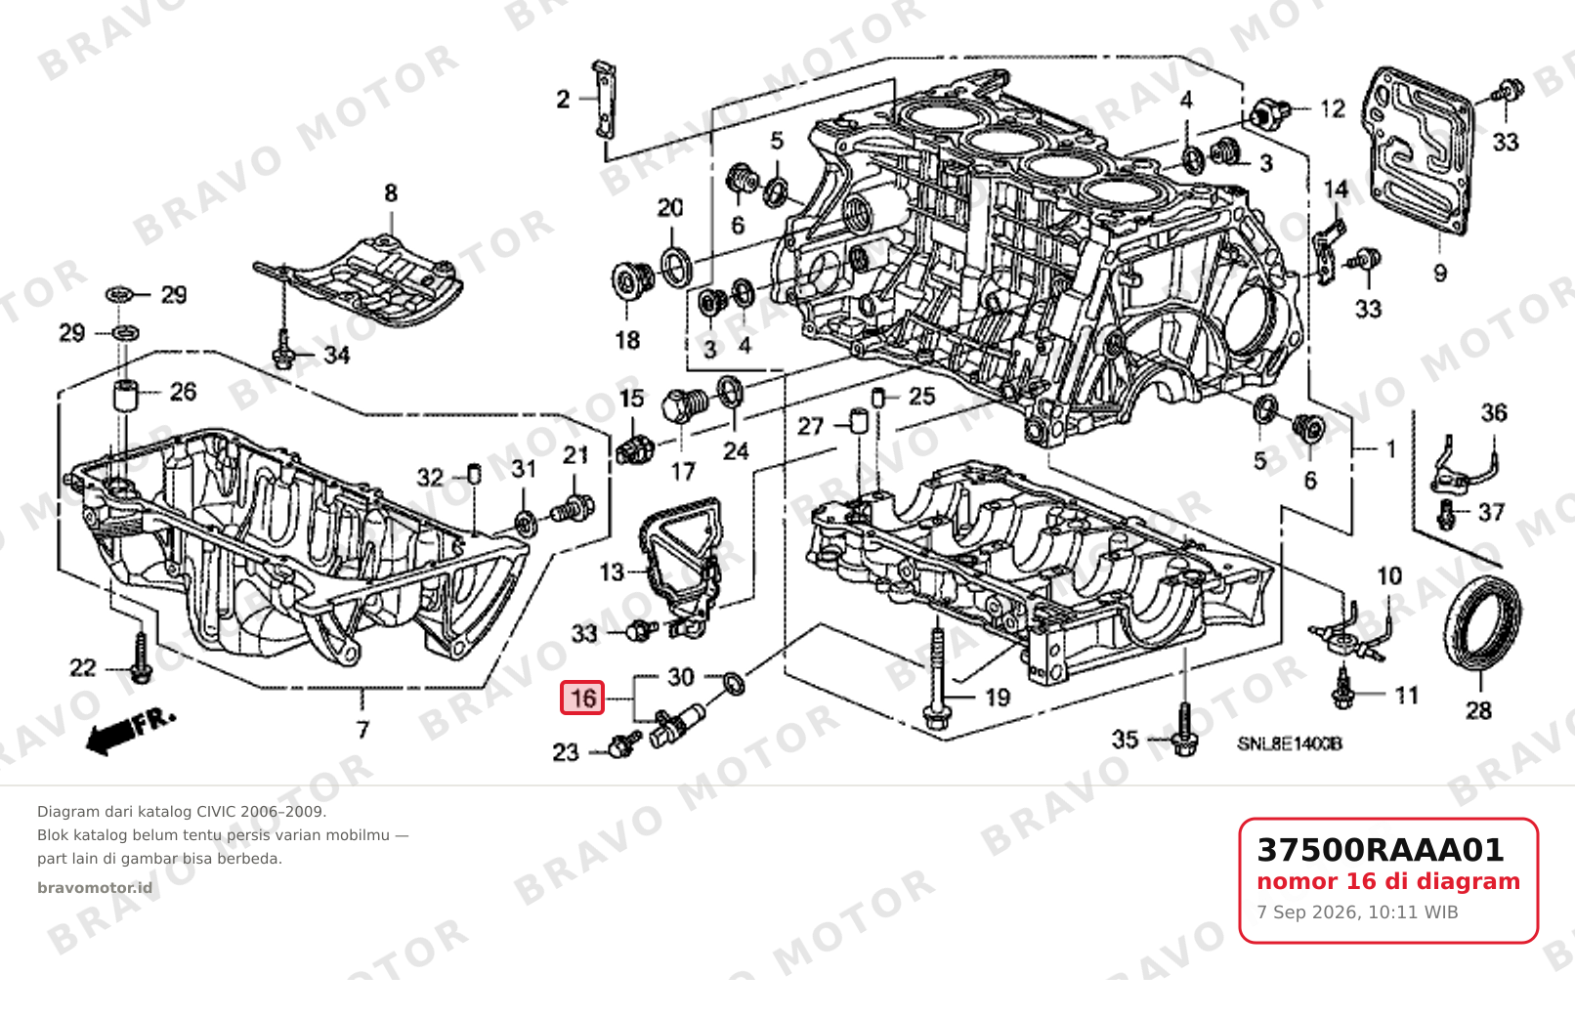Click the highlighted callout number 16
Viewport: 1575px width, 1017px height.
[x=582, y=698]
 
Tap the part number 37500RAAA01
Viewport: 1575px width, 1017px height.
[x=1381, y=850]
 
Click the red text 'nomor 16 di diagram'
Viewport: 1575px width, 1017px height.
[x=1388, y=881]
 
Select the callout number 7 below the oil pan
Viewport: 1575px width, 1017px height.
[x=362, y=730]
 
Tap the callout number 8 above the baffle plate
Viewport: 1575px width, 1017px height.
[x=391, y=193]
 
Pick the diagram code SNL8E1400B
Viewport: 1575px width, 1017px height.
[x=1290, y=743]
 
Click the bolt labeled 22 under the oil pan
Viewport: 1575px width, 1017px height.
[x=141, y=657]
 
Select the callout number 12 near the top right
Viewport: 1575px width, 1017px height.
[x=1333, y=109]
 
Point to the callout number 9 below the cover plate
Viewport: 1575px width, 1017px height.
[x=1440, y=273]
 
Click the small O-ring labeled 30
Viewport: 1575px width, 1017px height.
[x=734, y=683]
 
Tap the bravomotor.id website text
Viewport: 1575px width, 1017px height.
[x=95, y=888]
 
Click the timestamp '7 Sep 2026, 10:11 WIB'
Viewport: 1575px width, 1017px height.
[x=1357, y=912]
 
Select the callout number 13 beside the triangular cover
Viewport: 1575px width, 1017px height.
[x=612, y=572]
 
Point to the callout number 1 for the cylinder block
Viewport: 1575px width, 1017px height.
[x=1389, y=448]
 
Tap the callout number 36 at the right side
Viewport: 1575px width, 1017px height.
[x=1494, y=412]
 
